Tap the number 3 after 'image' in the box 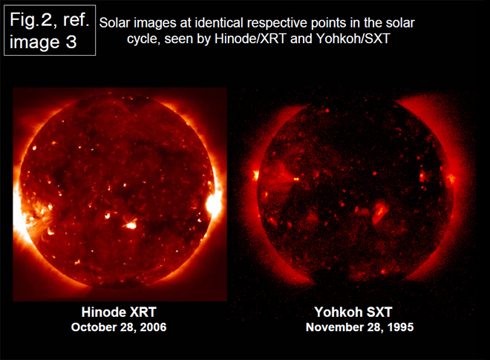(x=71, y=42)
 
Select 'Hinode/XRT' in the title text (x=250, y=39)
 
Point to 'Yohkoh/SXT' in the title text (x=353, y=39)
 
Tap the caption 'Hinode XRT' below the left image (x=119, y=312)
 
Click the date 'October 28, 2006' (x=119, y=327)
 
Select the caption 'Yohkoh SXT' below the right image (x=353, y=312)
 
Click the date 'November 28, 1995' (x=359, y=327)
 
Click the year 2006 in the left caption (x=153, y=327)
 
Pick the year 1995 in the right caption (x=401, y=327)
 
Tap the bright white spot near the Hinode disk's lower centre (x=131, y=224)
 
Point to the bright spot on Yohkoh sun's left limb (x=256, y=174)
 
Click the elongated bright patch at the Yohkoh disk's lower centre (x=380, y=212)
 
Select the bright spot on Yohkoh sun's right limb (x=451, y=178)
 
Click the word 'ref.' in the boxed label (x=76, y=20)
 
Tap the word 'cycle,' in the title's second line (x=143, y=39)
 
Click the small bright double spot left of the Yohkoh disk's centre (x=296, y=179)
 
